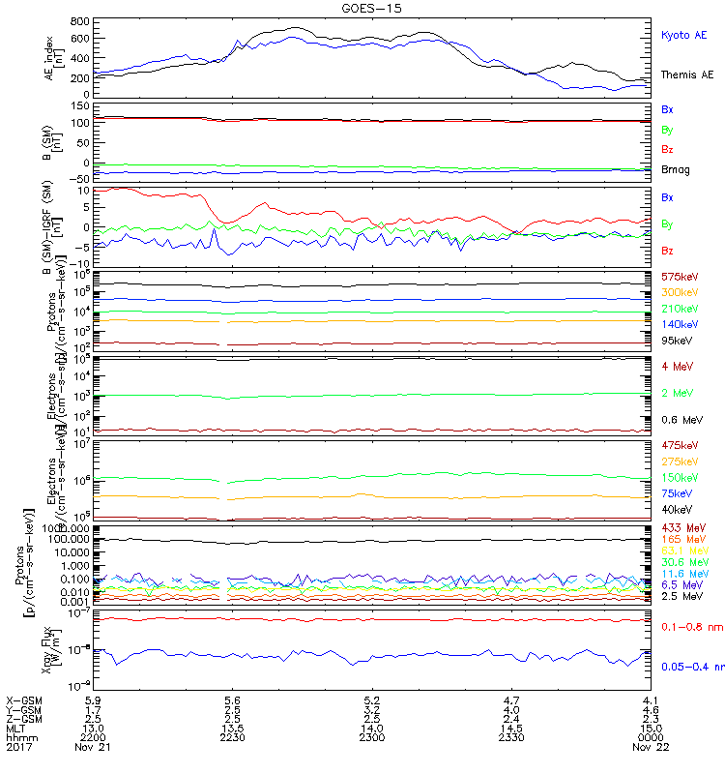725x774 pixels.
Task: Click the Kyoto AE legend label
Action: click(x=683, y=35)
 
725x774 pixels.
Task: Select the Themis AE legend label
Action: click(x=687, y=74)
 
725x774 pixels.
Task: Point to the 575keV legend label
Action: click(x=680, y=277)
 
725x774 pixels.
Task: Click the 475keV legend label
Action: click(x=680, y=445)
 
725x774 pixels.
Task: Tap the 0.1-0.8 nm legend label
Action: click(x=689, y=628)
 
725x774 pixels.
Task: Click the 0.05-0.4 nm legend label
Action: click(x=692, y=667)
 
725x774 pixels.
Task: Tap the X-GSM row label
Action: click(x=23, y=699)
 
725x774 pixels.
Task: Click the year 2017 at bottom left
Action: click(x=18, y=747)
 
